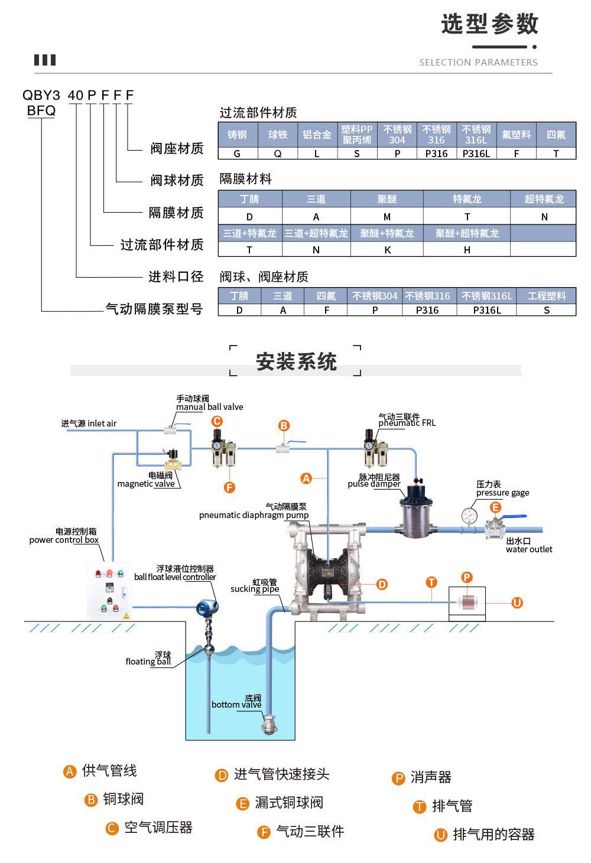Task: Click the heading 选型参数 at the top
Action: point(489,24)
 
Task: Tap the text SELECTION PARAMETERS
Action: point(478,62)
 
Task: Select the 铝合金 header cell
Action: point(317,135)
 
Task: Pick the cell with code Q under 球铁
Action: point(277,154)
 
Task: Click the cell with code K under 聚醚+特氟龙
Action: point(387,250)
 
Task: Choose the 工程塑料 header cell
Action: point(547,295)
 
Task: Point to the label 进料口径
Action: point(176,276)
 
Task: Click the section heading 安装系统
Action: point(296,362)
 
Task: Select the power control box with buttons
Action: point(111,589)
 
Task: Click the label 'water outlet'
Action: point(528,549)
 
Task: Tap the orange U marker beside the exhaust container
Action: point(517,603)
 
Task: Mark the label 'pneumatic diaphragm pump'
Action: point(254,515)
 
